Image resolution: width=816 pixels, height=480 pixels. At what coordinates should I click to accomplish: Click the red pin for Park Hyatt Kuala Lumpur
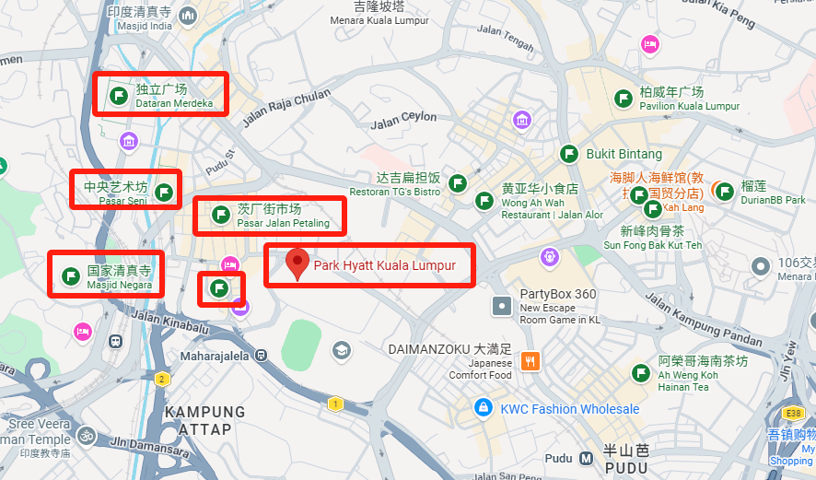(x=297, y=263)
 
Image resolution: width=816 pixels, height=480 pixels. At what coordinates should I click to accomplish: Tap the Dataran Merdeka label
(x=174, y=96)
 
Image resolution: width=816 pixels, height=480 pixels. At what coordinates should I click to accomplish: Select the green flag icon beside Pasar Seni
(x=164, y=192)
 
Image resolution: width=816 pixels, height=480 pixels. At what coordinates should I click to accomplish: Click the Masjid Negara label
(x=120, y=277)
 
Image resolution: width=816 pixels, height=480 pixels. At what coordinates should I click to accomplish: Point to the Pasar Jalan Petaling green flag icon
(x=221, y=215)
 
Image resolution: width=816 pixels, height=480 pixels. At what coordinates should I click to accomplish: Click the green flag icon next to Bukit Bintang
(x=569, y=154)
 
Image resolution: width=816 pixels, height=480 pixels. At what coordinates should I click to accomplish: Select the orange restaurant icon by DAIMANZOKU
(x=530, y=361)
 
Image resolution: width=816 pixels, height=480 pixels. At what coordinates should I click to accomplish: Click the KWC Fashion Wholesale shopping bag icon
(x=482, y=407)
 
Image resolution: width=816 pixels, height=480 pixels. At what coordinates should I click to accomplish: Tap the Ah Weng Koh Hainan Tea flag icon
(x=641, y=372)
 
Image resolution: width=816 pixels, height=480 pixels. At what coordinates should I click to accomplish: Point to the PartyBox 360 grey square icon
(x=501, y=304)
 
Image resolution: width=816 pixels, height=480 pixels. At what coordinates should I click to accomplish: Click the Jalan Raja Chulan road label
(x=286, y=108)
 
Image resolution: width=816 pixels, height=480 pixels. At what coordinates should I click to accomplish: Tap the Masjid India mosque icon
(x=189, y=16)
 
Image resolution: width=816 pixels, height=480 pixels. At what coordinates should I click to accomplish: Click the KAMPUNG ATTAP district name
(x=204, y=420)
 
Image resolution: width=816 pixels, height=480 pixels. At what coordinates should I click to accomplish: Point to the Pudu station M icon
(x=587, y=458)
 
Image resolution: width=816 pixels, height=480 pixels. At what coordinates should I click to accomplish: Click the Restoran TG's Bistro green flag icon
(x=456, y=184)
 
